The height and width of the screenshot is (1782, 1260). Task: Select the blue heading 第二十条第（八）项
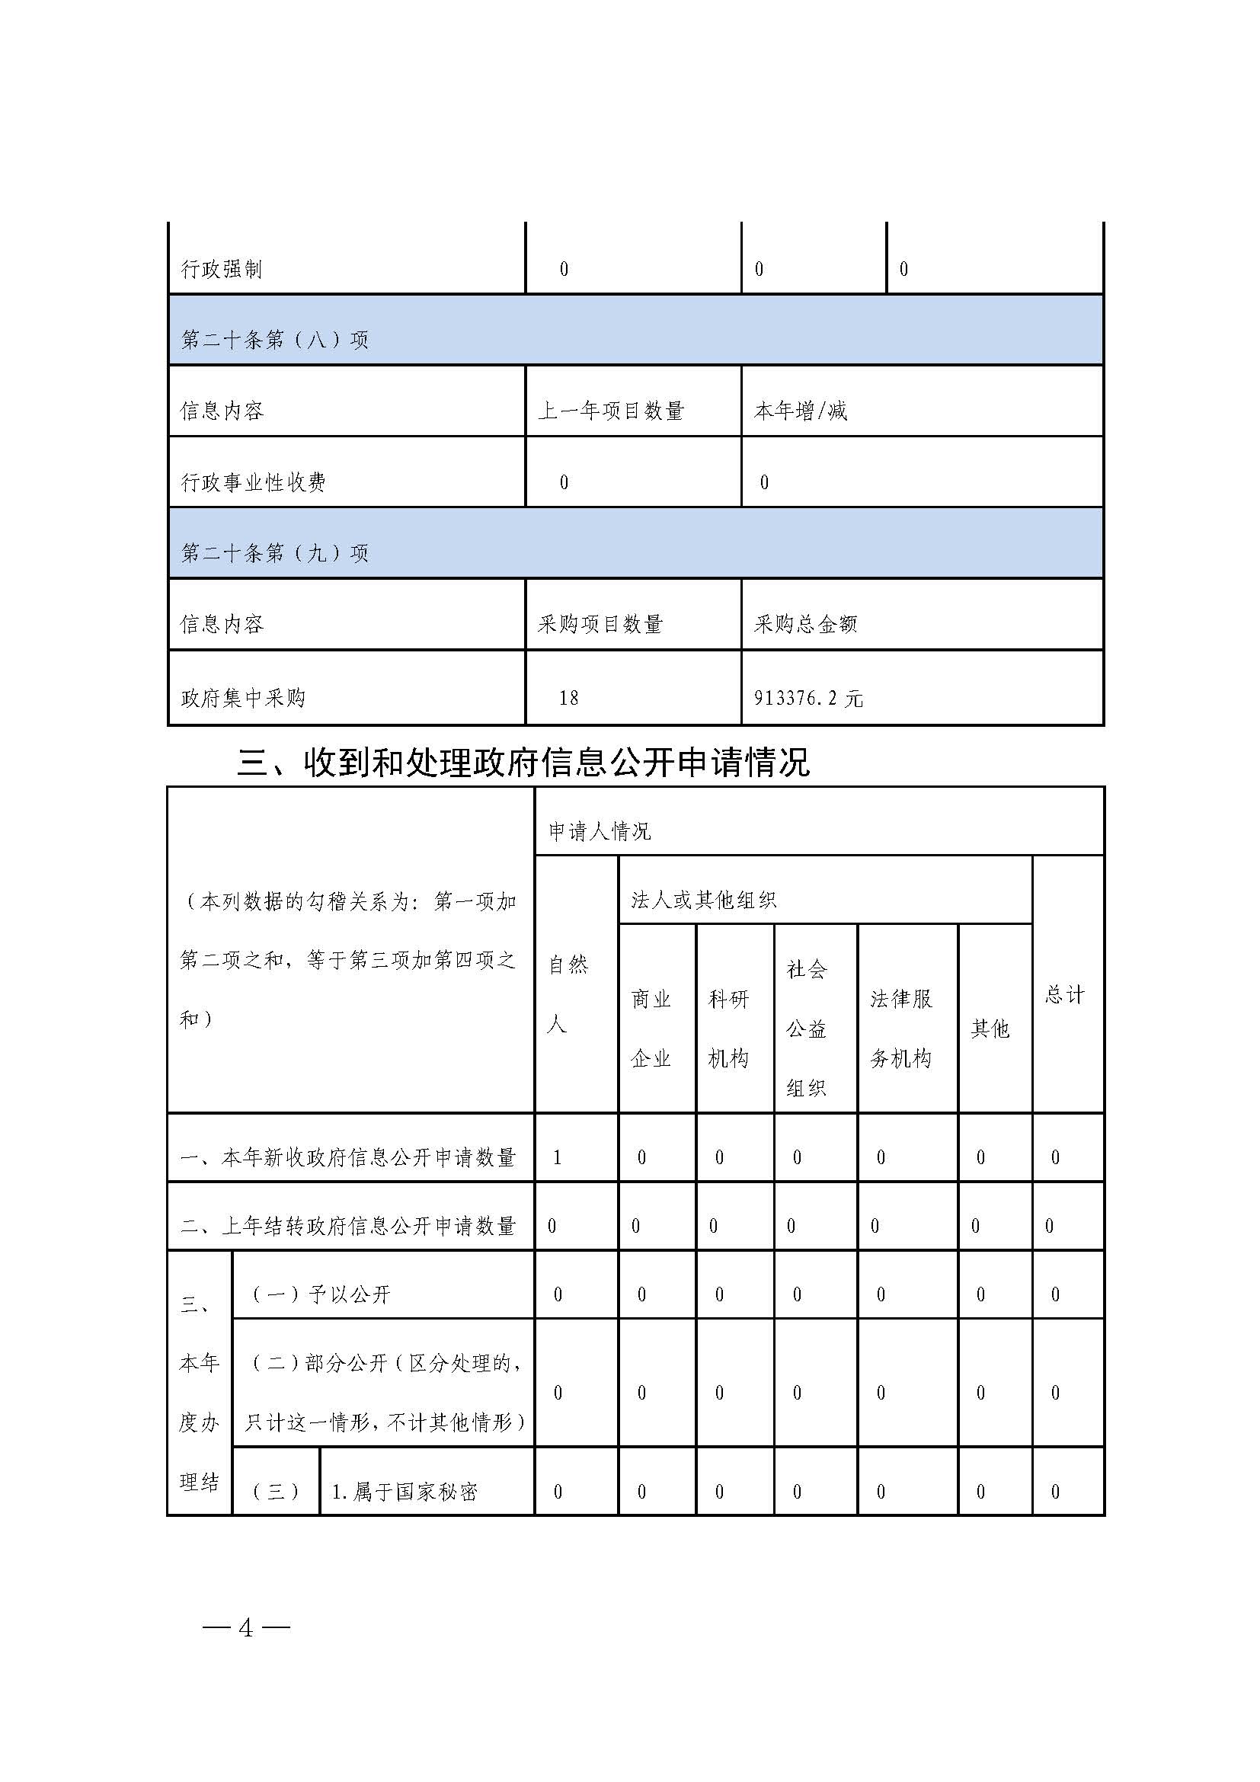(274, 340)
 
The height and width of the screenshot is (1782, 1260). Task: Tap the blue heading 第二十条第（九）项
(274, 553)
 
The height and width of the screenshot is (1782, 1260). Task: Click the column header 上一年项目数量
(612, 411)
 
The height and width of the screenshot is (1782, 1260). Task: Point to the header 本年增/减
(800, 411)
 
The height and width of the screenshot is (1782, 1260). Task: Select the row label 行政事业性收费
(253, 482)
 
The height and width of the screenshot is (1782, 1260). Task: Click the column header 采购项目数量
(600, 624)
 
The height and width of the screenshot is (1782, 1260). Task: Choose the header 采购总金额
(805, 624)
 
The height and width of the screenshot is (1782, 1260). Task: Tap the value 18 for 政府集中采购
(569, 698)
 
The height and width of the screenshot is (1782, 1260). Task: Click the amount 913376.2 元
(807, 698)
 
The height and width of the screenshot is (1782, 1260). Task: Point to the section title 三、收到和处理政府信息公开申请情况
(523, 763)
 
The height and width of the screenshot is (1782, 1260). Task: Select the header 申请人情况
(600, 832)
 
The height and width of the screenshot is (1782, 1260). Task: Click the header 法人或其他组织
(703, 901)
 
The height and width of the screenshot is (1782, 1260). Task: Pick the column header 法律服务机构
(900, 1029)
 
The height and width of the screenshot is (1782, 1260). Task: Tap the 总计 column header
(1063, 994)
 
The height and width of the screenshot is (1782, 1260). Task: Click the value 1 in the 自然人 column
(557, 1158)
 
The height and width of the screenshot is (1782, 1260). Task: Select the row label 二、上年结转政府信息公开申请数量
(348, 1227)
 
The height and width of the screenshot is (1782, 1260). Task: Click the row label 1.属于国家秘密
(405, 1492)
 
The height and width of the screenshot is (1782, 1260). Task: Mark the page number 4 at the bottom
(246, 1628)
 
